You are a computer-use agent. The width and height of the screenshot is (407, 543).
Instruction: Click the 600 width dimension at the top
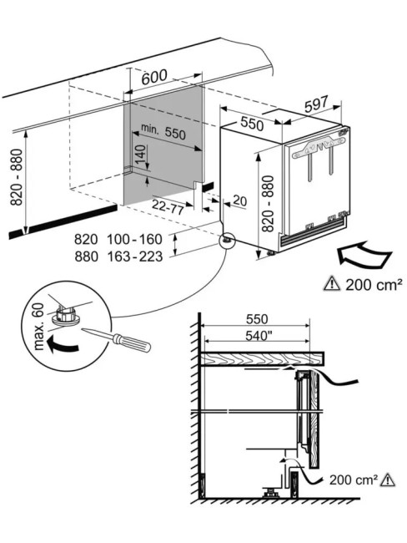click(x=154, y=77)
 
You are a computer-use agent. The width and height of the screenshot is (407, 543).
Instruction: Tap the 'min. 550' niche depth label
click(x=163, y=131)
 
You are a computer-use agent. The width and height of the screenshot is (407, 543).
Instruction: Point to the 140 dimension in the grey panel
click(x=139, y=155)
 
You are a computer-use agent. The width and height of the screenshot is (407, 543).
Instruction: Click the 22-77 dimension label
click(x=168, y=207)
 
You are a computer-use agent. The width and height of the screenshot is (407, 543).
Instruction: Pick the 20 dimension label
click(x=239, y=200)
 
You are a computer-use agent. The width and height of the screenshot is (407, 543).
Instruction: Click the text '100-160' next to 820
click(x=134, y=239)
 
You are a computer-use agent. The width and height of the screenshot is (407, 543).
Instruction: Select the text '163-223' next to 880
click(x=134, y=256)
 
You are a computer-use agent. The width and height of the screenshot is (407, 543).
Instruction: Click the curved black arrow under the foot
click(x=63, y=345)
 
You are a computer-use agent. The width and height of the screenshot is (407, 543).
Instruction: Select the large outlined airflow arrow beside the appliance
click(x=364, y=256)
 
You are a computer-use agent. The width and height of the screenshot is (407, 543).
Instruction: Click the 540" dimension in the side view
click(x=257, y=335)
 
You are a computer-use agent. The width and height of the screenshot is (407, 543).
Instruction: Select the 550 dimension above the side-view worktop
click(x=257, y=318)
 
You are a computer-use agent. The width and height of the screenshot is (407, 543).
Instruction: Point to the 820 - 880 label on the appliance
click(x=268, y=204)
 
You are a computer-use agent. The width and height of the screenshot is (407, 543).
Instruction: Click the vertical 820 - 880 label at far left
click(x=16, y=177)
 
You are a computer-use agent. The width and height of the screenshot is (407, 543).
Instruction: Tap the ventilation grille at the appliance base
click(x=312, y=235)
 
